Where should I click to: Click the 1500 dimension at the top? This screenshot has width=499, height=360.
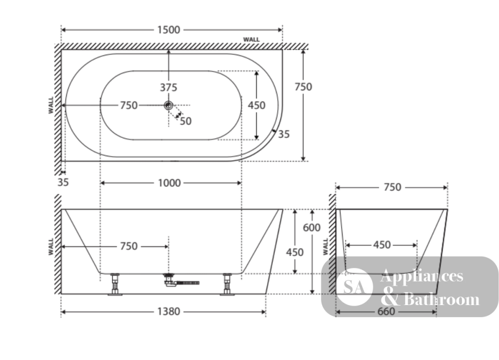pyautogui.click(x=169, y=30)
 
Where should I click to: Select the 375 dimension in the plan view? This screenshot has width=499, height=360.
pyautogui.click(x=168, y=87)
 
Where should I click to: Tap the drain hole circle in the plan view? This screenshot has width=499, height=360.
pyautogui.click(x=168, y=105)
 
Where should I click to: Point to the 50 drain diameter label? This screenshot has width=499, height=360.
pyautogui.click(x=186, y=121)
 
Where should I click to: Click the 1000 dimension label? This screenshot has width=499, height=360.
pyautogui.click(x=169, y=183)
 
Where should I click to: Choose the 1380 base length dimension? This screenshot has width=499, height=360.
pyautogui.click(x=169, y=312)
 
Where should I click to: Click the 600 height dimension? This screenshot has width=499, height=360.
pyautogui.click(x=311, y=228)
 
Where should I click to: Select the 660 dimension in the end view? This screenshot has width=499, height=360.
pyautogui.click(x=386, y=312)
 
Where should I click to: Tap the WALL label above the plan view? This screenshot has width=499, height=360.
pyautogui.click(x=251, y=39)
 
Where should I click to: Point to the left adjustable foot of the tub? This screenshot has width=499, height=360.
pyautogui.click(x=115, y=284)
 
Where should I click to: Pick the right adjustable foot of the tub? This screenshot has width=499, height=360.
pyautogui.click(x=227, y=284)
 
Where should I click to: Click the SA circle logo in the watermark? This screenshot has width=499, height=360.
pyautogui.click(x=354, y=287)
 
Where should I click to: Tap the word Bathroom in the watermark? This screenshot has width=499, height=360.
pyautogui.click(x=441, y=300)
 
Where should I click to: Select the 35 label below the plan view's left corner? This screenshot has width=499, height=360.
pyautogui.click(x=63, y=182)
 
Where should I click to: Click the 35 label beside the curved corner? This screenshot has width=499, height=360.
pyautogui.click(x=284, y=134)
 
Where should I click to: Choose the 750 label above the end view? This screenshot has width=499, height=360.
pyautogui.click(x=392, y=187)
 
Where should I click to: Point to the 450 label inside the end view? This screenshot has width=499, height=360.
pyautogui.click(x=382, y=245)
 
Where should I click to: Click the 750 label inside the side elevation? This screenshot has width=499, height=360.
pyautogui.click(x=129, y=246)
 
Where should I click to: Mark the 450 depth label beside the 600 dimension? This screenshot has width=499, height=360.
pyautogui.click(x=295, y=253)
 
